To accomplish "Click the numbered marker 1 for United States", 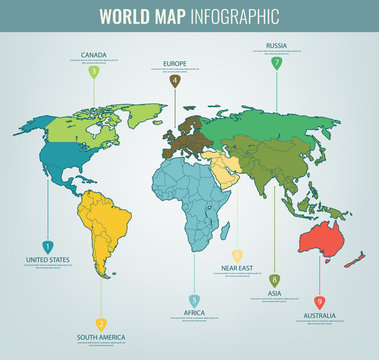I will point(47,245).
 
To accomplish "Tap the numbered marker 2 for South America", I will point(101,324).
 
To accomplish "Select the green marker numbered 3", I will point(94,71).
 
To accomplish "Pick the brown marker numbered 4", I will point(175,81).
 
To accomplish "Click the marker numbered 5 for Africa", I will point(194,300).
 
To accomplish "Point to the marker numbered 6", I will point(238,256).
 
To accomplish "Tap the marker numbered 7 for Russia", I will point(277,63).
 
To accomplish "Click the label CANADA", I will point(93,54).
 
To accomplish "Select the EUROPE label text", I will point(175,63).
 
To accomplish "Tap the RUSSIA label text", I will point(277,45).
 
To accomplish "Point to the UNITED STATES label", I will point(47,260).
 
